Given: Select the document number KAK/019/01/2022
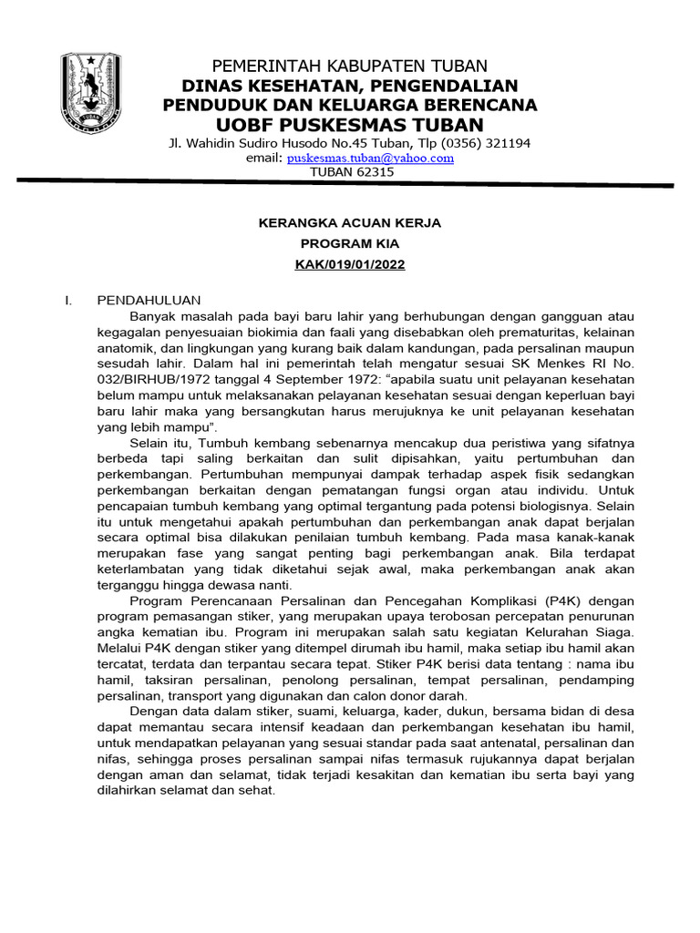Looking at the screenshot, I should coord(350,265).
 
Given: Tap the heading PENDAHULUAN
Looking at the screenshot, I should coord(149,300).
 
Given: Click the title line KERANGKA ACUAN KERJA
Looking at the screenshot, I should coord(350,222).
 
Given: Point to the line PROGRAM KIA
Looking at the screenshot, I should coord(350,244).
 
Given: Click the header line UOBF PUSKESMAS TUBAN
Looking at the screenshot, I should coord(350,124).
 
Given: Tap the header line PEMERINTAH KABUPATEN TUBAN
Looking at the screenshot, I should coord(350,67).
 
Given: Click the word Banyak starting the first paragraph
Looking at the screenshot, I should coord(152,316).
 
